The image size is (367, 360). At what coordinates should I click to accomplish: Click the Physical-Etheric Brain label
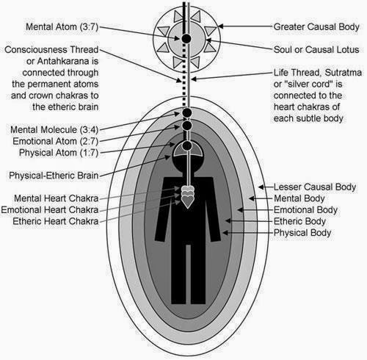tap(61, 176)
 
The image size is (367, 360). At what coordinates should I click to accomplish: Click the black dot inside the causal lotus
tap(186, 37)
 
